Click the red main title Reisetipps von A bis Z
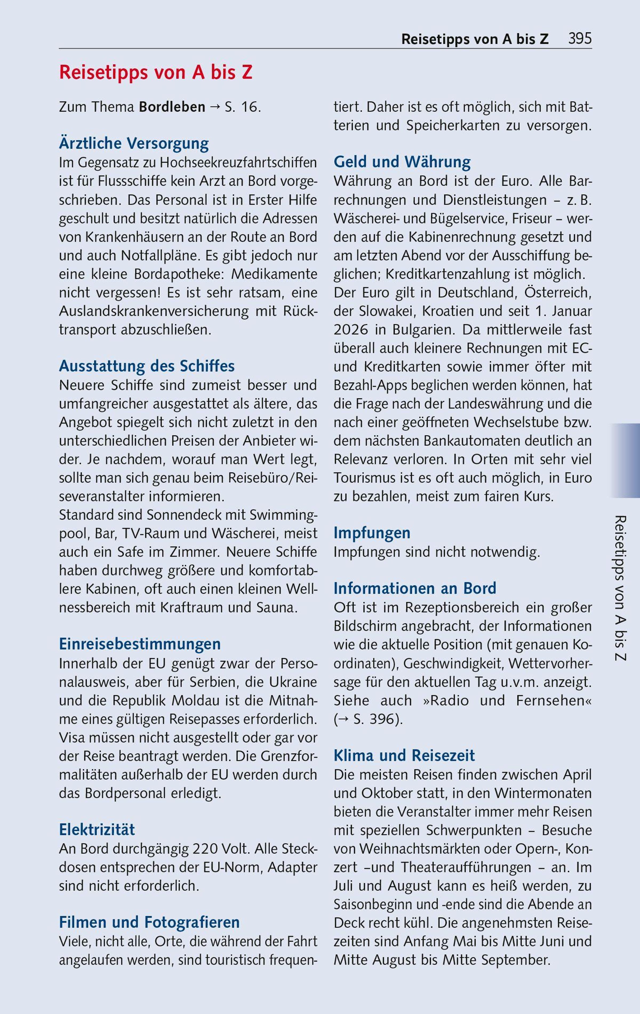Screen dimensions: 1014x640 [x=156, y=73]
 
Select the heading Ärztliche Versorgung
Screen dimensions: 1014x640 [x=134, y=144]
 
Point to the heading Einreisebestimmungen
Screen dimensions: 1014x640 [x=140, y=644]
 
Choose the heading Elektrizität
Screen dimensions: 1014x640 [x=97, y=830]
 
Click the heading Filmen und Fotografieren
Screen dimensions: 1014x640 [x=149, y=922]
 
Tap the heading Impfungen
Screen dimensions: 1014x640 [x=372, y=533]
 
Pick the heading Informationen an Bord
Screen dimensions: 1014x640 [x=415, y=588]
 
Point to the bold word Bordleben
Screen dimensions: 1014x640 [x=172, y=107]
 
